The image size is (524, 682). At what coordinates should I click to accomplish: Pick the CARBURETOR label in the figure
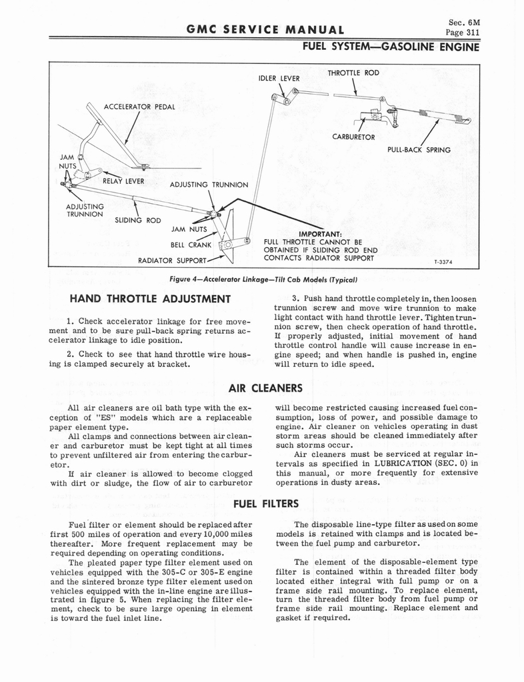click(353, 137)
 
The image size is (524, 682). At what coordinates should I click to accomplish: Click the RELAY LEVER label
click(120, 180)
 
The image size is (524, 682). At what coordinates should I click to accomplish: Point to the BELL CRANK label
click(191, 244)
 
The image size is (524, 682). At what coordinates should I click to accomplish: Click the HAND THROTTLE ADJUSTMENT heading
click(150, 297)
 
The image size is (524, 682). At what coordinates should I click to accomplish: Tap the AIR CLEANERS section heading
click(265, 388)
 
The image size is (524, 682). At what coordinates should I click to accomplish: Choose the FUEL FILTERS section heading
click(265, 504)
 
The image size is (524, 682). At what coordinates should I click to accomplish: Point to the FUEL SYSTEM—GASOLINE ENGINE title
click(391, 47)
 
